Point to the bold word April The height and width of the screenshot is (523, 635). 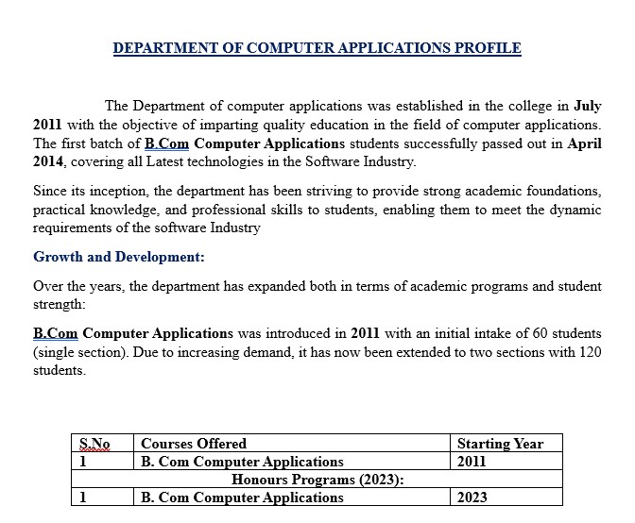click(583, 143)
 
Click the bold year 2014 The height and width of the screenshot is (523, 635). click(49, 162)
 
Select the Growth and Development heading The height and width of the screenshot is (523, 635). click(119, 256)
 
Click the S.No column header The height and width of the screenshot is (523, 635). click(94, 443)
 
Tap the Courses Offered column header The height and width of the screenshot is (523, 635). click(194, 443)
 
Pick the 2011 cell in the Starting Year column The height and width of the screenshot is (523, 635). click(472, 462)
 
